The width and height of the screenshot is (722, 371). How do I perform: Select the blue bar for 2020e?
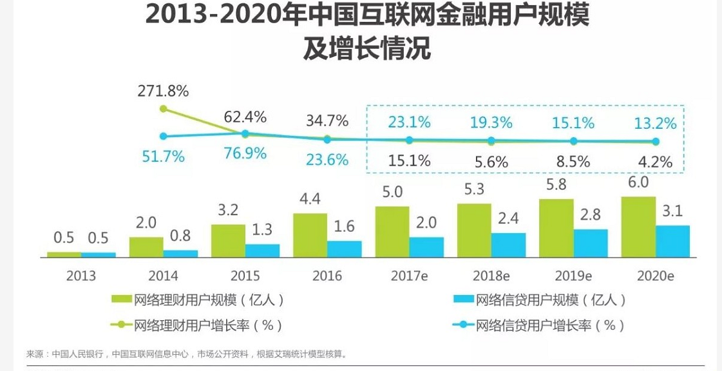[672, 241]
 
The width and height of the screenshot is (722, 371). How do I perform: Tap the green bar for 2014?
[146, 247]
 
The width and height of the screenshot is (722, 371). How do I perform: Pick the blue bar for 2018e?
[509, 245]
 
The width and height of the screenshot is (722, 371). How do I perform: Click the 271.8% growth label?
[163, 91]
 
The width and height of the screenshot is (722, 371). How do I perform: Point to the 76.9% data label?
[245, 155]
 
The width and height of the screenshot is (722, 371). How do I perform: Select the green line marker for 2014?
[164, 109]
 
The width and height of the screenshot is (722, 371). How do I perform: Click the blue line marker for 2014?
[164, 136]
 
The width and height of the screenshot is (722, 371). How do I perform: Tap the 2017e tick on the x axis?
[409, 276]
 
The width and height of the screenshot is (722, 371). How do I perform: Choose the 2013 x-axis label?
[81, 276]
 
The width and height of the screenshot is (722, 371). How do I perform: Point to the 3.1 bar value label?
[673, 212]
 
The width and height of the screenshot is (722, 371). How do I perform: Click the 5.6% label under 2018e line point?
[491, 162]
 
